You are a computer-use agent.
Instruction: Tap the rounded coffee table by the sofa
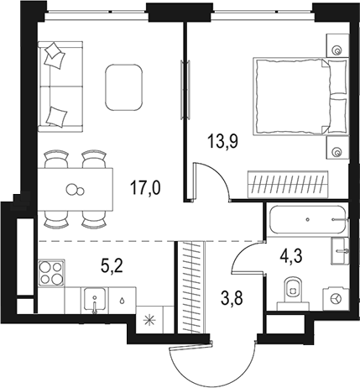(x=123, y=85)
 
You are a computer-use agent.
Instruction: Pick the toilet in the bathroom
(x=290, y=287)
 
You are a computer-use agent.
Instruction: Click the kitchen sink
(x=95, y=299)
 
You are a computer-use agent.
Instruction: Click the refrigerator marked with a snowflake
(x=150, y=319)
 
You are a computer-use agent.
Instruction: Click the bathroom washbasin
(x=338, y=249)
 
